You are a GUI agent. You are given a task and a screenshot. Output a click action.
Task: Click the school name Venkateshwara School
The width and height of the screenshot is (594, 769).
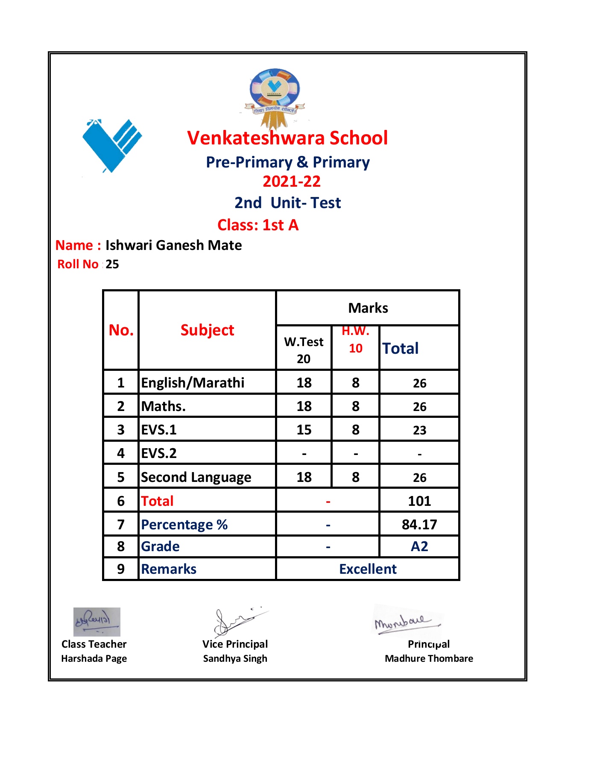(x=287, y=138)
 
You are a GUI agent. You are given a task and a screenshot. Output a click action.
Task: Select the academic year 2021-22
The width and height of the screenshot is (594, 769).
(x=292, y=182)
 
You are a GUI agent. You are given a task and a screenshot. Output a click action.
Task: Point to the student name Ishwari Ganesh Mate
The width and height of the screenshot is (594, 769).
(x=173, y=245)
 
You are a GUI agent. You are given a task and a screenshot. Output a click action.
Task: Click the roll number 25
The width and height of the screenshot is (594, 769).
(x=112, y=264)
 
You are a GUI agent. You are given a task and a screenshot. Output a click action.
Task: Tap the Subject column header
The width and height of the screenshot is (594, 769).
(x=207, y=330)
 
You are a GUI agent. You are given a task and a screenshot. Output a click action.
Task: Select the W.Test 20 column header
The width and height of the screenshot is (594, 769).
(x=304, y=350)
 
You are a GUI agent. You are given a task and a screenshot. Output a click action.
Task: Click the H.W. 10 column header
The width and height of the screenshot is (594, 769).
(x=355, y=340)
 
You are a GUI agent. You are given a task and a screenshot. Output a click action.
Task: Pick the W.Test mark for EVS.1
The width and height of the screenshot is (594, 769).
(x=304, y=429)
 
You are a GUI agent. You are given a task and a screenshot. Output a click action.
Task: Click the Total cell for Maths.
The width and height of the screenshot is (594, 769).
(x=419, y=406)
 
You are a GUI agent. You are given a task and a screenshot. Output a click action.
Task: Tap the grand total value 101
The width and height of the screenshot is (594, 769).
(x=419, y=501)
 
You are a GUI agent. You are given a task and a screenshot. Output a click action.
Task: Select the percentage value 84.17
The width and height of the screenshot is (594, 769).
(x=419, y=524)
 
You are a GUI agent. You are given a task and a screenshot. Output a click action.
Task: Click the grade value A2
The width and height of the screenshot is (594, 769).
(x=419, y=546)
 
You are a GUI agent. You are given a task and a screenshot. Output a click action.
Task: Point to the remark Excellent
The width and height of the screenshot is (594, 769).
(x=368, y=569)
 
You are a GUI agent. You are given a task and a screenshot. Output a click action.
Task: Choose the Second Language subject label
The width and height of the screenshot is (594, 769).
(x=196, y=477)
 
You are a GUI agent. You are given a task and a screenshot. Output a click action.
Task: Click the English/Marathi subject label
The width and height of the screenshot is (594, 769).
(x=193, y=382)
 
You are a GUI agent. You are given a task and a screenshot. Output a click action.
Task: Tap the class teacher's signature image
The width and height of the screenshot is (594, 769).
(x=97, y=622)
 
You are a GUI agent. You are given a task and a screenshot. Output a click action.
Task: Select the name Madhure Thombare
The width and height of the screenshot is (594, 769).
(x=429, y=658)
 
